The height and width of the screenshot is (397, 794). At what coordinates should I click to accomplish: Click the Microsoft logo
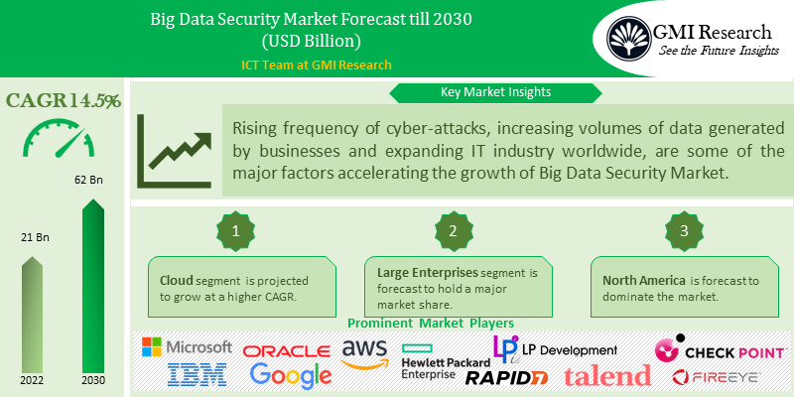187,347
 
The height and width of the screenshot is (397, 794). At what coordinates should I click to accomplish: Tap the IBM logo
198,374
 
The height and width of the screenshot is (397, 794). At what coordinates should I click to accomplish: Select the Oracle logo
287,351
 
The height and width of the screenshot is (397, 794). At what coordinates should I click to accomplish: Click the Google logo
290,375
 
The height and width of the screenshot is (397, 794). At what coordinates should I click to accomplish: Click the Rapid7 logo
507,376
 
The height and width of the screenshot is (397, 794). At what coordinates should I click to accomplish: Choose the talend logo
607,375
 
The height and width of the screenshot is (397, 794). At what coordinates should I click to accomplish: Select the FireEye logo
716,376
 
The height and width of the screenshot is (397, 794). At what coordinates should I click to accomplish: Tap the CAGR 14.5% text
64,100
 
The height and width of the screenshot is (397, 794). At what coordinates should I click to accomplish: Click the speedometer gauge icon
63,139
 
